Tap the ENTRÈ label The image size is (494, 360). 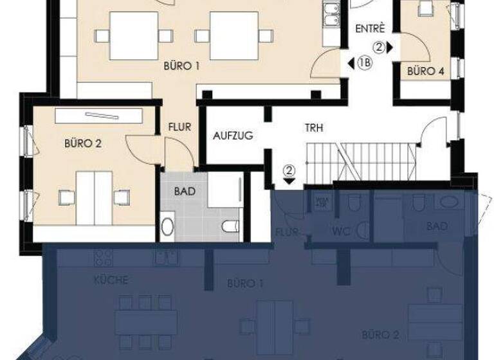point(370,28)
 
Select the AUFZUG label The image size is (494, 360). point(233,136)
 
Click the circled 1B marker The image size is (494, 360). point(365,63)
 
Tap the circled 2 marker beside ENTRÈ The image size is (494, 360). point(380,46)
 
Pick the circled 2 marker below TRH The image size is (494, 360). point(289,170)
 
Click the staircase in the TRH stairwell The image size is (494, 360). point(360,162)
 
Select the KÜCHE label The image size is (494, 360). point(111,280)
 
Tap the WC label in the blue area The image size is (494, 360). point(341,231)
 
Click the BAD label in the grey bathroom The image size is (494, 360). point(185,191)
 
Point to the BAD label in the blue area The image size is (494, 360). point(437,226)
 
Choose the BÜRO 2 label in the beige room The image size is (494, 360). point(83,143)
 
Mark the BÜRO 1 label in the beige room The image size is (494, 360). point(182,65)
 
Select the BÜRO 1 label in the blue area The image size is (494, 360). point(246,283)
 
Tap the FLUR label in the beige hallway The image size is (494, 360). point(179,127)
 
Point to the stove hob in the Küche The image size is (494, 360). point(104,258)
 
